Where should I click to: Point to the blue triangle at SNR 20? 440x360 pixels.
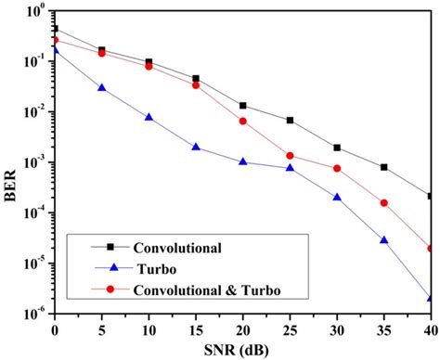(244, 161)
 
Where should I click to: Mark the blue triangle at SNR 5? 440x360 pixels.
(102, 88)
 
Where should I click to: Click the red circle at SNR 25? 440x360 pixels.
(291, 156)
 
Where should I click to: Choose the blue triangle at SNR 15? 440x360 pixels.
(197, 147)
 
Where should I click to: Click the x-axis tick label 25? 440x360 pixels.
(291, 331)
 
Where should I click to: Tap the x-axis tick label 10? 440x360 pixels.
(149, 331)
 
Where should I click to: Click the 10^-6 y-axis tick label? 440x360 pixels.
(37, 315)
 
